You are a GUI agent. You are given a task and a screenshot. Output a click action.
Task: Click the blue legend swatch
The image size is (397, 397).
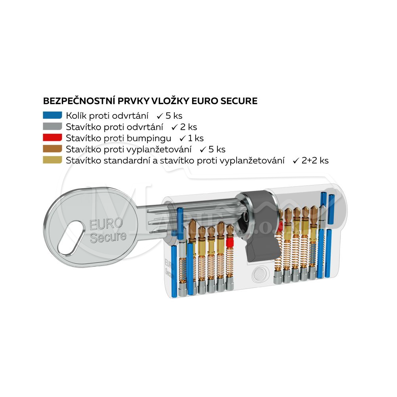pyautogui.click(x=52, y=116)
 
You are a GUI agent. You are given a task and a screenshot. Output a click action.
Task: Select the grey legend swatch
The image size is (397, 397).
pyautogui.click(x=52, y=127)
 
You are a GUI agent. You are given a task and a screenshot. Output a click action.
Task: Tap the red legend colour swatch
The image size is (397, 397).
pyautogui.click(x=52, y=138)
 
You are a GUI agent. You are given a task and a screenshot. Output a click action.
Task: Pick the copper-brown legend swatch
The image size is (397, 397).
pyautogui.click(x=52, y=149)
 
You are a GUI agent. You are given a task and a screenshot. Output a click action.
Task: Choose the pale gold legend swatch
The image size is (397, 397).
pyautogui.click(x=52, y=160)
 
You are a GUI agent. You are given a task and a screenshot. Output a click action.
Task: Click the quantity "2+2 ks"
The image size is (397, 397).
pyautogui.click(x=315, y=160)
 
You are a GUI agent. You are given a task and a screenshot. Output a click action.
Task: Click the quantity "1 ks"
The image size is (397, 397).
pyautogui.click(x=195, y=138)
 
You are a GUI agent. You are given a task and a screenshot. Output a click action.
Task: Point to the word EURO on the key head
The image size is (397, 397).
pyautogui.click(x=106, y=224)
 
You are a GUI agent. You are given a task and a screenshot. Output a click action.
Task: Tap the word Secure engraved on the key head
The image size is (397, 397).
pyautogui.click(x=108, y=237)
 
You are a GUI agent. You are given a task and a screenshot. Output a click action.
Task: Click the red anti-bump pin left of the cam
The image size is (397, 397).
pyautogui.click(x=229, y=243)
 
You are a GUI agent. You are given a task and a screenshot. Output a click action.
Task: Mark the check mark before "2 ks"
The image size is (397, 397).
pyautogui.click(x=174, y=127)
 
